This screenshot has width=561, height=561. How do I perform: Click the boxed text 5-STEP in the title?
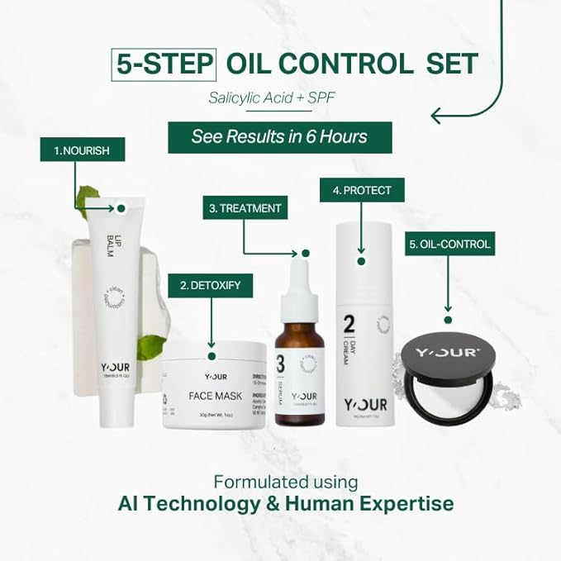[163, 64]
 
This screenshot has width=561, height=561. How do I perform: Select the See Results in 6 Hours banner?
[279, 136]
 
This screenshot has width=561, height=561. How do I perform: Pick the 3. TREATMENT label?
[245, 208]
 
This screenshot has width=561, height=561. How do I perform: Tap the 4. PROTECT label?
[362, 190]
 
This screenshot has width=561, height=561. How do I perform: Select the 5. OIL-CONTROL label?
[449, 244]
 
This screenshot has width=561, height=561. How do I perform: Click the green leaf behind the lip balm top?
[85, 197]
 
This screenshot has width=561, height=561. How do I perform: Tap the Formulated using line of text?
[285, 481]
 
